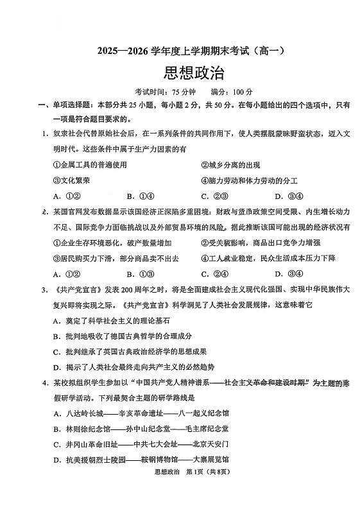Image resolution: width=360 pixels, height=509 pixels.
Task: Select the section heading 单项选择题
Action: [x=69, y=105]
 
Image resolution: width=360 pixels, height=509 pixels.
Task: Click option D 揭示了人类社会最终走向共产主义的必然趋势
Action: [x=126, y=367]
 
